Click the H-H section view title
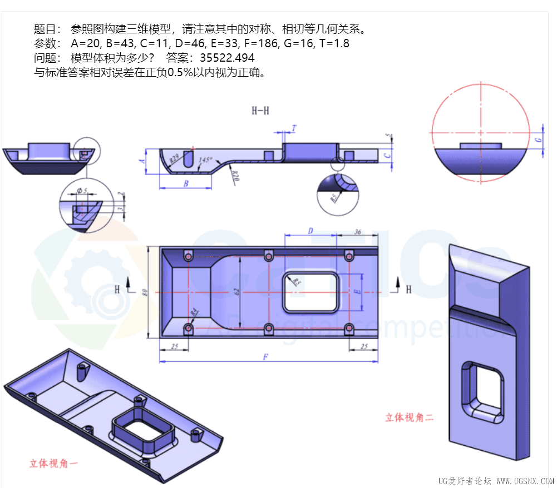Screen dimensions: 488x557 coord(260,111)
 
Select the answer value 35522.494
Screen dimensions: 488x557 coord(227,58)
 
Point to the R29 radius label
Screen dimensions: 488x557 coord(174,157)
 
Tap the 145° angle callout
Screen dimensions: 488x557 coord(205,160)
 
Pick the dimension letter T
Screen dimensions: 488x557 coord(294,129)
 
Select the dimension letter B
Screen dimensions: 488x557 coord(186,183)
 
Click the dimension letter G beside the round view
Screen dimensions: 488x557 coord(539,140)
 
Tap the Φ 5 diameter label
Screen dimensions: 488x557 coord(83,191)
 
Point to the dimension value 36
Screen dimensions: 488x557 coord(358,231)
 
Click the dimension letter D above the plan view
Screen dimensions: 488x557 coord(310,230)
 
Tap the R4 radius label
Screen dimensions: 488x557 coord(194,313)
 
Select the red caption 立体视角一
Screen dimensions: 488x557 coord(54,463)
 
